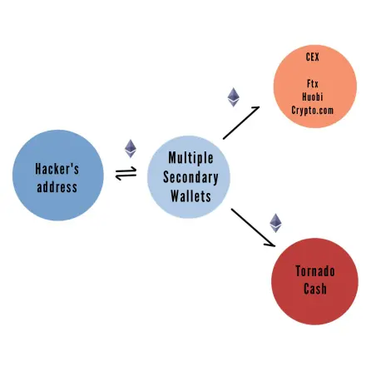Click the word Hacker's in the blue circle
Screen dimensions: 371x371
click(57, 169)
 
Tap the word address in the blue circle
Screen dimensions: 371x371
click(57, 187)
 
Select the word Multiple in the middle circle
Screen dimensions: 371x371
click(190, 158)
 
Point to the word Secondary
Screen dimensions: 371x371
click(190, 177)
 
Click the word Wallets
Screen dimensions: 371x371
click(190, 196)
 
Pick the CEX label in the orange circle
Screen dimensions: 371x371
click(313, 57)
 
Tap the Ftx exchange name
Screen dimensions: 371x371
click(313, 83)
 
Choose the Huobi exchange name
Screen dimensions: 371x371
click(313, 96)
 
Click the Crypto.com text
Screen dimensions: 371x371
click(313, 111)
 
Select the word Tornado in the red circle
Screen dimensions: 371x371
click(315, 271)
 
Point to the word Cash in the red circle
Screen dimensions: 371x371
click(315, 289)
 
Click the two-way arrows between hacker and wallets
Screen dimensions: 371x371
click(126, 173)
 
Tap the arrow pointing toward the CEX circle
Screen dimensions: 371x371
click(241, 122)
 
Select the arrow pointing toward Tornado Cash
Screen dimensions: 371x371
click(253, 227)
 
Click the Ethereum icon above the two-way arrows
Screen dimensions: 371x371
click(131, 149)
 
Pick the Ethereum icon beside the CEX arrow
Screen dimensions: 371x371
click(234, 97)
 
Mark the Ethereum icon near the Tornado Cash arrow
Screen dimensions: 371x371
click(275, 223)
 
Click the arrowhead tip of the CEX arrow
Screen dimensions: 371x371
click(260, 106)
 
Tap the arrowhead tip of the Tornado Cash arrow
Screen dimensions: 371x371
click(275, 246)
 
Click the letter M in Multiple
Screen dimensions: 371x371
click(172, 158)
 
